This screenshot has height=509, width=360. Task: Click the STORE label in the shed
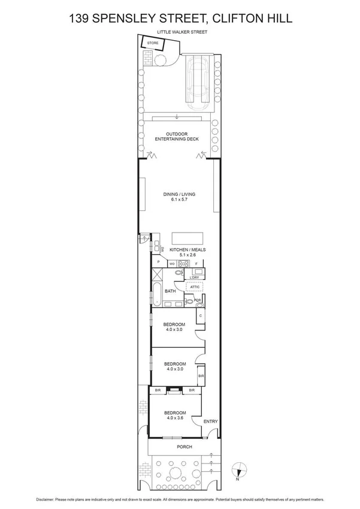pyautogui.click(x=153, y=44)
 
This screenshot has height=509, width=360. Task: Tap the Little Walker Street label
pyautogui.click(x=182, y=32)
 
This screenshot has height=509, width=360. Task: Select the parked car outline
pyautogui.click(x=198, y=79)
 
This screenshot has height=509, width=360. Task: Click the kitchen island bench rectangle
pyautogui.click(x=187, y=237)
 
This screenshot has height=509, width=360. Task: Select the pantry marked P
pyautogui.click(x=159, y=262)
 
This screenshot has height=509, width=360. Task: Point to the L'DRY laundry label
pyautogui.click(x=193, y=277)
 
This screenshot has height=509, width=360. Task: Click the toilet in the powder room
pyautogui.click(x=190, y=302)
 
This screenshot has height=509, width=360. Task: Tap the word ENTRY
pyautogui.click(x=210, y=421)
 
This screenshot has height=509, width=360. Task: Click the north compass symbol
pyautogui.click(x=237, y=471)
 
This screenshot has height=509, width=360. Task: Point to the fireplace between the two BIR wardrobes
pyautogui.click(x=174, y=391)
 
